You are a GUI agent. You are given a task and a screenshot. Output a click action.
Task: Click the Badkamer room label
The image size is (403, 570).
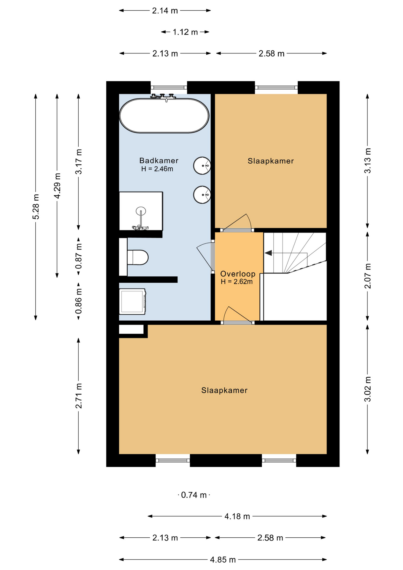click(159, 161)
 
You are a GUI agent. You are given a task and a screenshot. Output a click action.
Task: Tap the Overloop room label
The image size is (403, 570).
click(238, 274)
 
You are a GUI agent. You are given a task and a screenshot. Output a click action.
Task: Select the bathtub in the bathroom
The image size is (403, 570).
click(164, 115)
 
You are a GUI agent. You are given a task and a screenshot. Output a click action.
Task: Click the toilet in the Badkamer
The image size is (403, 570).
click(138, 257)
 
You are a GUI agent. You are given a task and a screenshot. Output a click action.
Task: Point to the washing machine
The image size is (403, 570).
click(133, 301)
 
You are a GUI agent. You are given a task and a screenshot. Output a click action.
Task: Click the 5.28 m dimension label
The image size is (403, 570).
click(36, 207)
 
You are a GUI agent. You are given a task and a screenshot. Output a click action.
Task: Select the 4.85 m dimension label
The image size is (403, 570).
click(223, 560)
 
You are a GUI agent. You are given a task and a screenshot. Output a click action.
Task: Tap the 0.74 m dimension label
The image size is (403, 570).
click(194, 495)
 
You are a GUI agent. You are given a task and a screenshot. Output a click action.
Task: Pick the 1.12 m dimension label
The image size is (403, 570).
click(185, 32)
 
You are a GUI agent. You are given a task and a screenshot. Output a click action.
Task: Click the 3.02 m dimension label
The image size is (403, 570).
click(367, 389)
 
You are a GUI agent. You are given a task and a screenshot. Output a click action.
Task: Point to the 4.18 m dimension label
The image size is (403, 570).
click(237, 516)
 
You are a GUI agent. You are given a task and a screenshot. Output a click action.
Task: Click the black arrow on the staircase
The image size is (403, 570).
click(268, 253)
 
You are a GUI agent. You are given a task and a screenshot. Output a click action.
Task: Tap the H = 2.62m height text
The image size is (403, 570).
click(237, 282)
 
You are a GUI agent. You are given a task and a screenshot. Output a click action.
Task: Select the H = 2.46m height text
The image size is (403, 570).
click(157, 169)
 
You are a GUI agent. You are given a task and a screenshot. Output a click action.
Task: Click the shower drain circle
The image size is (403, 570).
click(141, 211)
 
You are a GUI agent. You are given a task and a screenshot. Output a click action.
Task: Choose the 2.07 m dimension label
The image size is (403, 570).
click(367, 276)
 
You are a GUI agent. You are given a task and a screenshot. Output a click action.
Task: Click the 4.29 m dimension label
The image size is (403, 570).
click(57, 186)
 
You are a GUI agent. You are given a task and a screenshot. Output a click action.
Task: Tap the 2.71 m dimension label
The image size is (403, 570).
click(78, 396)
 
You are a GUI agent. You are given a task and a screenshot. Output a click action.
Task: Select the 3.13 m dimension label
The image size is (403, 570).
click(367, 161)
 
